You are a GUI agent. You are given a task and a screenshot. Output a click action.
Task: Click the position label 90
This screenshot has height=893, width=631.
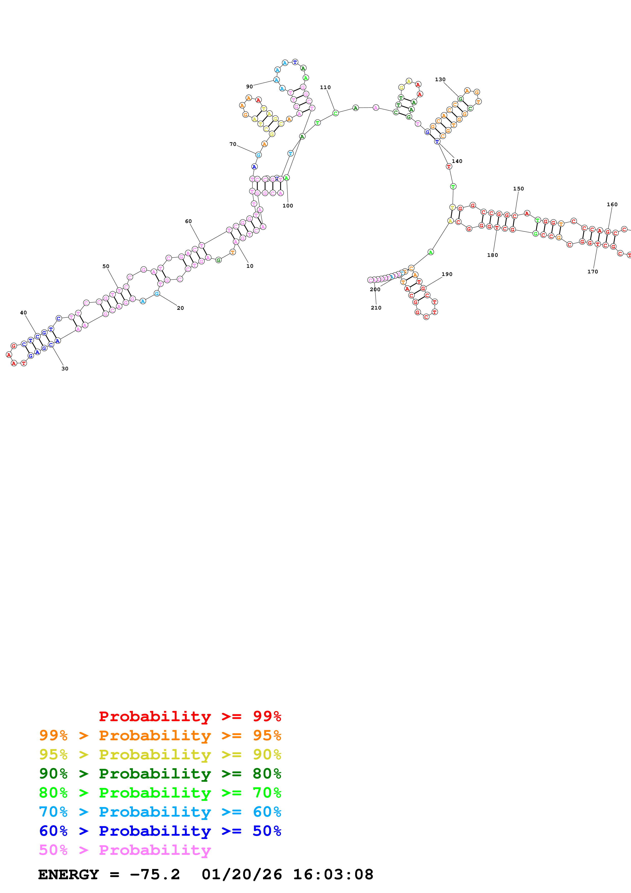point(249,87)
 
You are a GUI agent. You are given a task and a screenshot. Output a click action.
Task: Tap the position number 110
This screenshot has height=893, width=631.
point(325,88)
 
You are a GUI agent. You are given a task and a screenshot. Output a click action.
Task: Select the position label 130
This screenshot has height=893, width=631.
point(440,80)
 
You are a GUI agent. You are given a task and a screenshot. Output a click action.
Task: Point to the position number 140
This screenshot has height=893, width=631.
point(457,161)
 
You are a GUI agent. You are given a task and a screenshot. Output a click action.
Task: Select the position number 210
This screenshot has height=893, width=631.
point(376,308)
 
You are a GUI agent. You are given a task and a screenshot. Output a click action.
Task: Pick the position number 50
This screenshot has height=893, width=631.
point(106,267)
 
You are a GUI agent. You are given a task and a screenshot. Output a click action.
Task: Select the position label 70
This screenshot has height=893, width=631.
point(233,145)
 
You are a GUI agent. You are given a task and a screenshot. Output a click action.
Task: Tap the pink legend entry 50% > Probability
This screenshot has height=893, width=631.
point(125,850)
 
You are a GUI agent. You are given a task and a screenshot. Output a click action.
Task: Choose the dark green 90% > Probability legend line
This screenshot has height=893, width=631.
point(160,774)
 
